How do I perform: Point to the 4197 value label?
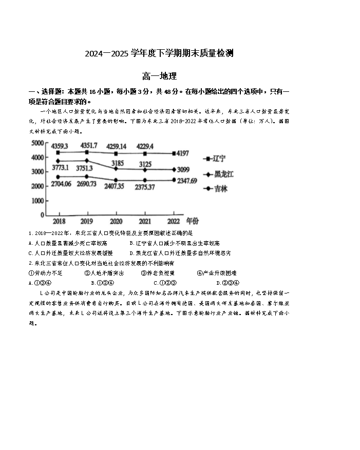[x=182, y=153]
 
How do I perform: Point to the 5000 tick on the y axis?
[x=37, y=143]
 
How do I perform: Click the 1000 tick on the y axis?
[x=37, y=201]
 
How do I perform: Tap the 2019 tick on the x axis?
[x=88, y=221]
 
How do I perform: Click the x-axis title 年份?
[x=192, y=221]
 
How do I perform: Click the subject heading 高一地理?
[x=159, y=76]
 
